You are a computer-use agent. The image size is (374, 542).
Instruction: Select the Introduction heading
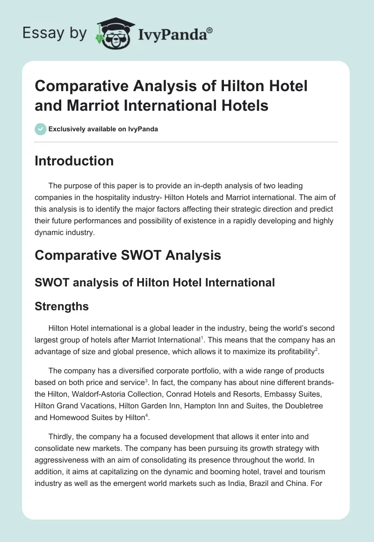(x=74, y=161)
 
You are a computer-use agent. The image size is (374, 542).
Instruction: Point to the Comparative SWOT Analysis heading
(x=128, y=255)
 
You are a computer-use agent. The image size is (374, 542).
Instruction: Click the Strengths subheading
(x=62, y=307)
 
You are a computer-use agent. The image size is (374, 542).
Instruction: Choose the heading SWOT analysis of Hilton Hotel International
(x=154, y=282)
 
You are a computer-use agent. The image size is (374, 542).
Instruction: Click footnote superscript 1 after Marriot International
(x=201, y=337)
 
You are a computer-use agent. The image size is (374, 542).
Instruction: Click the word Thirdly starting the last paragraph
(x=63, y=437)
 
